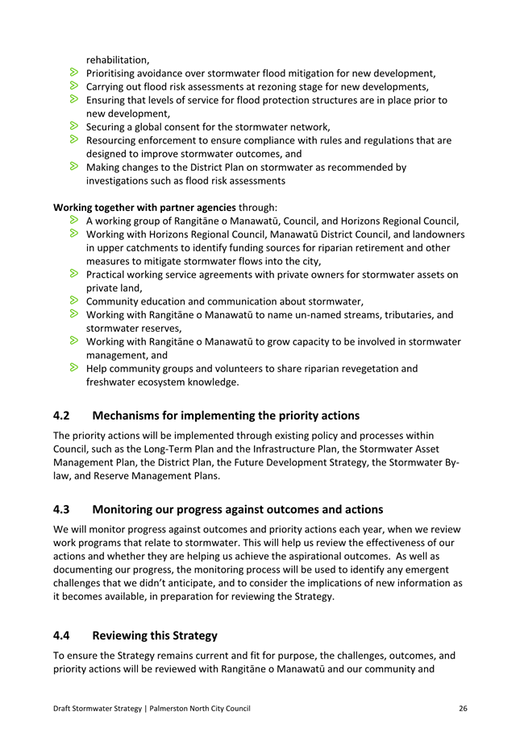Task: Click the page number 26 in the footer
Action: click(x=463, y=708)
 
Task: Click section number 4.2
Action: click(x=62, y=416)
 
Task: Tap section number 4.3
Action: click(x=62, y=509)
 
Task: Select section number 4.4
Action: click(x=62, y=635)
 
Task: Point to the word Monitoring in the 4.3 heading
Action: click(x=128, y=509)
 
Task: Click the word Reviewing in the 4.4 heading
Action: click(x=126, y=635)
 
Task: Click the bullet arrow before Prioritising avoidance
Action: click(x=73, y=72)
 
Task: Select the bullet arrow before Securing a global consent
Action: click(x=73, y=126)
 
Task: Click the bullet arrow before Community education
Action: click(x=73, y=301)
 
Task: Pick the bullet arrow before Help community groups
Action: click(x=73, y=368)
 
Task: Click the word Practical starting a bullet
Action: click(x=109, y=275)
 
